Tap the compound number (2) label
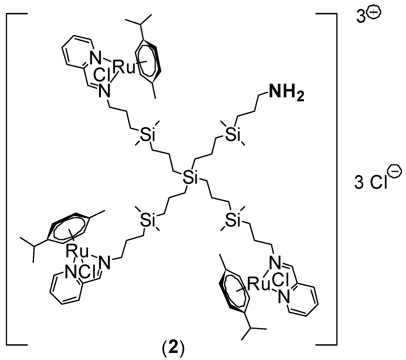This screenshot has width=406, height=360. [x=173, y=350]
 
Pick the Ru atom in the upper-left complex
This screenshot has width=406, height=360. [x=124, y=67]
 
